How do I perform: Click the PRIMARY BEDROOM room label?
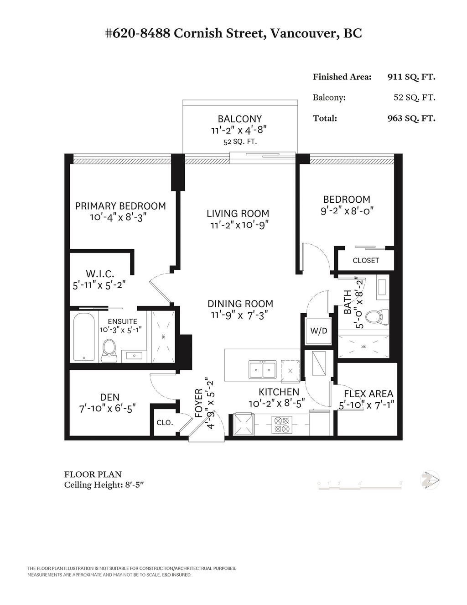pos(120,206)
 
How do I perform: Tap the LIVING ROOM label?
pos(238,213)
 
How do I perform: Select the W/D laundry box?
pos(319,331)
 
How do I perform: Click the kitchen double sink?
pos(262,369)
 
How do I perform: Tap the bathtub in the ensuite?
pos(84,337)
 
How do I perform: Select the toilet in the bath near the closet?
pos(379,316)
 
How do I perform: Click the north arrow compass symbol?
pos(430,480)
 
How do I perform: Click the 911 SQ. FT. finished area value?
pos(411,77)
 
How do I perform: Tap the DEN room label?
pos(110,397)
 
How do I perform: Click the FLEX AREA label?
pos(368,394)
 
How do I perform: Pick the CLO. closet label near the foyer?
pos(165,423)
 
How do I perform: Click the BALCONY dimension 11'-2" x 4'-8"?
pos(239,130)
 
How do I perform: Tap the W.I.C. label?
pos(100,274)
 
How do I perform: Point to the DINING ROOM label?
pos(240,304)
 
